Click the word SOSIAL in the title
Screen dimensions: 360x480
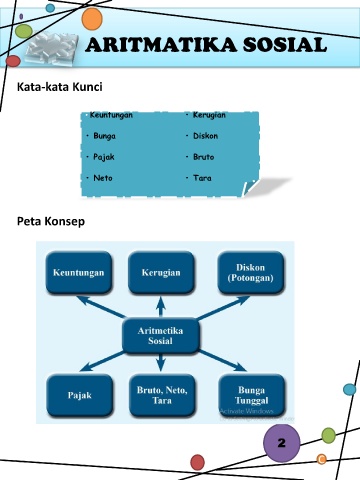[x=285, y=45]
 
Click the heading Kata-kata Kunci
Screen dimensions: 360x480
[x=60, y=87]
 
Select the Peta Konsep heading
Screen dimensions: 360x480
[x=51, y=221]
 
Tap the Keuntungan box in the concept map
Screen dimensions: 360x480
[x=79, y=273]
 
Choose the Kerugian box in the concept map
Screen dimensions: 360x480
[x=161, y=273]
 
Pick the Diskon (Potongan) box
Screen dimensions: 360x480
[x=251, y=273]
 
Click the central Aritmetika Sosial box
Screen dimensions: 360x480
[x=161, y=336]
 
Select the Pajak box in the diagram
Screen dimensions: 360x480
[x=80, y=395]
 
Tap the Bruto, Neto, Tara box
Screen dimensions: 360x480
[x=162, y=395]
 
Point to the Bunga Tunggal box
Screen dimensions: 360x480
[x=252, y=395]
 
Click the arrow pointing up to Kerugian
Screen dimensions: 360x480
[x=161, y=307]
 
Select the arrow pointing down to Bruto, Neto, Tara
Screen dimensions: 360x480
[x=161, y=363]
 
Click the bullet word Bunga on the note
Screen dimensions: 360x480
[x=104, y=136]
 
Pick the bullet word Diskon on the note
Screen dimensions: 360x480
[x=205, y=136]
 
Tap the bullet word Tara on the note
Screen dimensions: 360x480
[x=202, y=178]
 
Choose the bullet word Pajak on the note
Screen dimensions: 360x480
[x=104, y=157]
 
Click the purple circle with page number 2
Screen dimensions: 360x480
[x=282, y=443]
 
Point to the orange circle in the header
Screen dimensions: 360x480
[x=92, y=19]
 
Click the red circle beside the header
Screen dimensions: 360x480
[x=13, y=61]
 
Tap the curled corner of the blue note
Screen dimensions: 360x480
[x=251, y=188]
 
